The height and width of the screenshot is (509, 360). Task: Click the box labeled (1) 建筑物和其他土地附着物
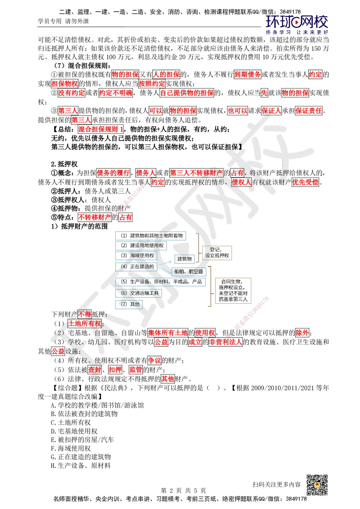(x=151, y=236)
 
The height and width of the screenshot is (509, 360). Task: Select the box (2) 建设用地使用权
(x=141, y=246)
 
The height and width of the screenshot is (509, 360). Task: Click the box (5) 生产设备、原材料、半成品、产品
(x=161, y=282)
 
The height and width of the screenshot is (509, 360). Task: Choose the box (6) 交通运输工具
(x=139, y=293)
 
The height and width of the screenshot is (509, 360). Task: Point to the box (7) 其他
(x=130, y=304)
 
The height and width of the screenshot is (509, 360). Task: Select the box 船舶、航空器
(x=189, y=271)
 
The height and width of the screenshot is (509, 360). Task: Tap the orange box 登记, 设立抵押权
(x=217, y=253)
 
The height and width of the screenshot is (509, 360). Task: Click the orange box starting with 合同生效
(x=233, y=290)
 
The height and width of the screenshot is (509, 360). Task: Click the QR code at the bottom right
(x=317, y=485)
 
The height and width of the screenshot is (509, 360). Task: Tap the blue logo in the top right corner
(x=297, y=24)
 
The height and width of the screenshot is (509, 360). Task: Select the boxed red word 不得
(x=85, y=314)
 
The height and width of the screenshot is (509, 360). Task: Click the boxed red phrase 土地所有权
(x=85, y=323)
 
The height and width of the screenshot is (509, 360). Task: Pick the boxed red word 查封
(x=95, y=370)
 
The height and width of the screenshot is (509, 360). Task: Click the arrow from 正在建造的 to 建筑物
(x=166, y=263)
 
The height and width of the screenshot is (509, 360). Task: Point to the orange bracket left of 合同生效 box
(x=210, y=286)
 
